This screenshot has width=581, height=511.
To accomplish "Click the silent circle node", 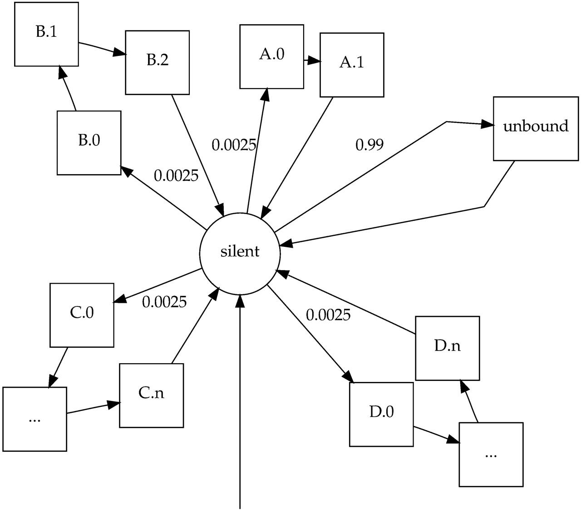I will point(240,252).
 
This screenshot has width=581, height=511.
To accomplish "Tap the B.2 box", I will point(157,62).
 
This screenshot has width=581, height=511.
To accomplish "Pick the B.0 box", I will point(89,142).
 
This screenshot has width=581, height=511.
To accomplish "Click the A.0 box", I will point(271,56).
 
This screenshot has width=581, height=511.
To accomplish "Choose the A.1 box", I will point(352,65).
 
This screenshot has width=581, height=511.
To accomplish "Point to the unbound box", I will point(536,128).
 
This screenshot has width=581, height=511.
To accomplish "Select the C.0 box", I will point(82,315).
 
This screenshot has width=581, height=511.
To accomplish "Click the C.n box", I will point(151,395).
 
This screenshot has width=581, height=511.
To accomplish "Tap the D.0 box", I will point(381,414).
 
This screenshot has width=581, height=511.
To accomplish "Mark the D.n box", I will point(447,348).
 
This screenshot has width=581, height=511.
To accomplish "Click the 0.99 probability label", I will point(369,145).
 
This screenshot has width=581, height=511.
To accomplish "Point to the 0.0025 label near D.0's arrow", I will point(328,315).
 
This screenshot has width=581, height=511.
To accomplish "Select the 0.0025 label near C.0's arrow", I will point(164,302).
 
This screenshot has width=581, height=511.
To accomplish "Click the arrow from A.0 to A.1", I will point(312,60).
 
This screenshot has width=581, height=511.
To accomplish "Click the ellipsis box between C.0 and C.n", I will point(34,419).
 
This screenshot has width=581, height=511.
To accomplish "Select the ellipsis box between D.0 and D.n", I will point(491,454).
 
